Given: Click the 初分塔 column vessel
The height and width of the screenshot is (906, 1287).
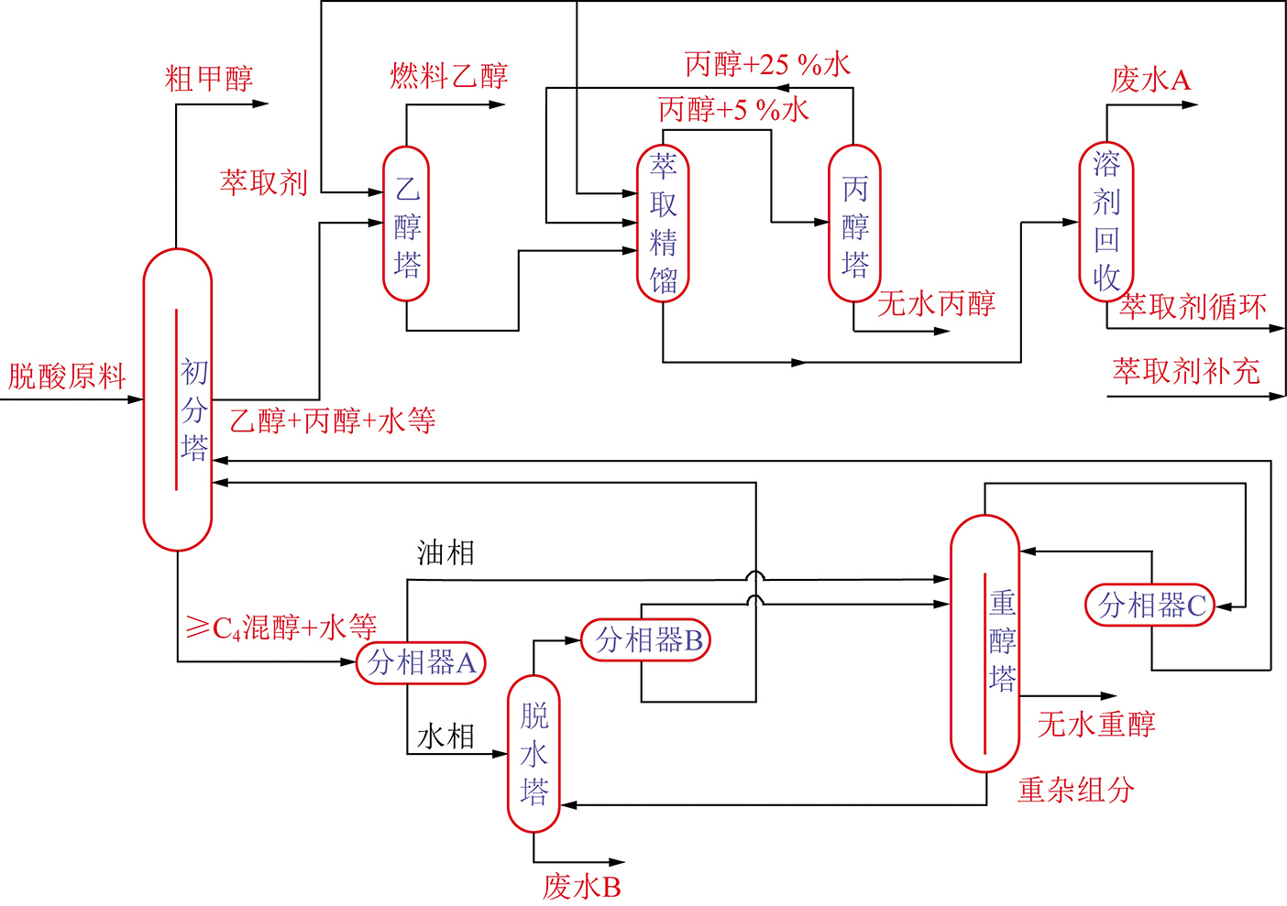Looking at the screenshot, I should coord(177,400).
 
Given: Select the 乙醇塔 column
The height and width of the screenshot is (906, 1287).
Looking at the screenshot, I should coord(406,224).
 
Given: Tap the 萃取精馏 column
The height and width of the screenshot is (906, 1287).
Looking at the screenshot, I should coord(663,224).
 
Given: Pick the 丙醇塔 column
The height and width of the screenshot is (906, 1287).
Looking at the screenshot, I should coord(854,224).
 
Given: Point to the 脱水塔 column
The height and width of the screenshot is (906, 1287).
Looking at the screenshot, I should coord(533,754).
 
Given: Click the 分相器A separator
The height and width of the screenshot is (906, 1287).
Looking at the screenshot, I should coord(421,662).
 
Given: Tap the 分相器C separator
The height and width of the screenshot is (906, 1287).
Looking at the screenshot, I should coord(1150,606).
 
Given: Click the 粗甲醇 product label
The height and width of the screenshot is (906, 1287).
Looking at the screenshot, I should coord(209,79).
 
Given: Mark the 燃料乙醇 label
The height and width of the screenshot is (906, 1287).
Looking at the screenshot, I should coord(449,76).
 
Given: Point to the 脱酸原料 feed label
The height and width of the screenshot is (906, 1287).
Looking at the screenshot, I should coord(67,377).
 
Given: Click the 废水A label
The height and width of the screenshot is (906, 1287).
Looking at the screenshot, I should coord(1150,81).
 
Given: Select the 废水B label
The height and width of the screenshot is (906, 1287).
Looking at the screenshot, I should coord(581,887).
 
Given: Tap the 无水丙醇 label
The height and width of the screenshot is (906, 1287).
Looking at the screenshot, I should coord(936,303).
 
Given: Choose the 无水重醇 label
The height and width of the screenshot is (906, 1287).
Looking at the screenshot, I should coord(1095,725).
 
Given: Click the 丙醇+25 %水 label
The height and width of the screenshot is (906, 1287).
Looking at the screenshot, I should coord(767,64).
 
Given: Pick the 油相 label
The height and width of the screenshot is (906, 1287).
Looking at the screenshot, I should coord(445,552).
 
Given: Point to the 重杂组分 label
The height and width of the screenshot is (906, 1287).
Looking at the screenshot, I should coord(1076,790).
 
